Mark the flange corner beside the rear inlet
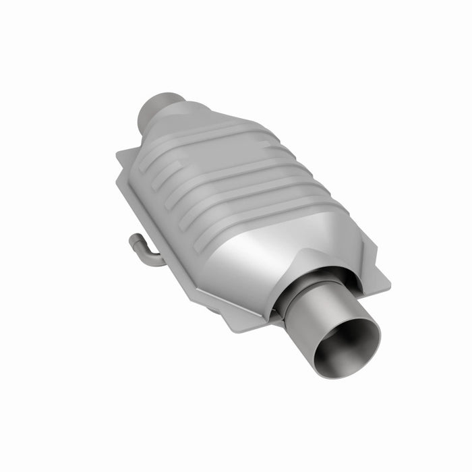tap(121, 156)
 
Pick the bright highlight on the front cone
tap(270, 260)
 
